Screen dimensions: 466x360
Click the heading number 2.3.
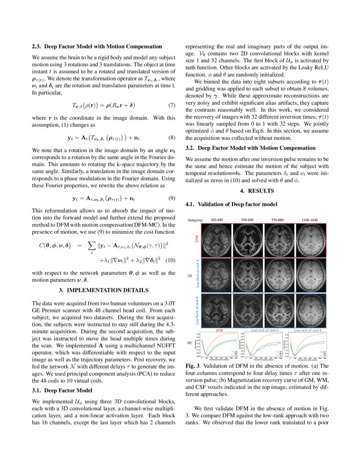37,46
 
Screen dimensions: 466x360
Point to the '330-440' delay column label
219,220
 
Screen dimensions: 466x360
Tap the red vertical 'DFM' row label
197,240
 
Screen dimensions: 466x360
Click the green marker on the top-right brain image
315,244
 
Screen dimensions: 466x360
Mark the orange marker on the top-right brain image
305,245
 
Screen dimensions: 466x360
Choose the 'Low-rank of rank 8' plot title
307,330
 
